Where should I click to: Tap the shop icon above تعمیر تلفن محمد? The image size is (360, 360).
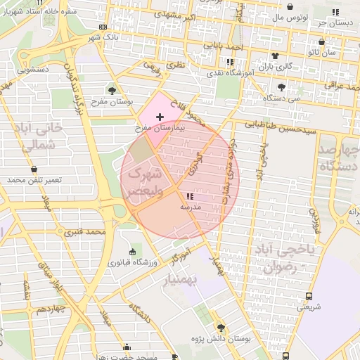tap(34, 169)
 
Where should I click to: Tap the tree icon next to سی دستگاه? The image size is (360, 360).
tap(281, 87)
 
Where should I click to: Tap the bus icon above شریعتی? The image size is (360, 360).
tap(308, 296)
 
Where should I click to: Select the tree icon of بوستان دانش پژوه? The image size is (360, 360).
tap(221, 328)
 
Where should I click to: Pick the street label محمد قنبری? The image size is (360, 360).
tap(85, 231)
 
